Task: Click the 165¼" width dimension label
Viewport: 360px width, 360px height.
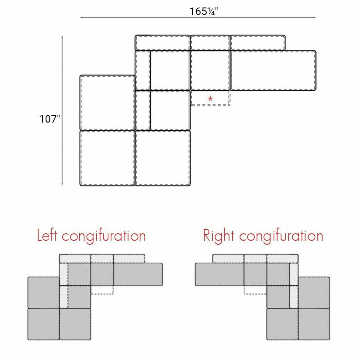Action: tap(204, 11)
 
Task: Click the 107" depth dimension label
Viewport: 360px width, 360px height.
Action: tap(50, 119)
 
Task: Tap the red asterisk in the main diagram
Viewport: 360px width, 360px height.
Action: tap(210, 99)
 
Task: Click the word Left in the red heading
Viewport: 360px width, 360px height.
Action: tap(47, 235)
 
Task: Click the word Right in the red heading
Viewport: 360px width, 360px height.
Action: tap(219, 236)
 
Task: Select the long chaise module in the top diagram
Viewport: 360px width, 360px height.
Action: tap(273, 70)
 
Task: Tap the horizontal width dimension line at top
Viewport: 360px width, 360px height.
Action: tap(198, 17)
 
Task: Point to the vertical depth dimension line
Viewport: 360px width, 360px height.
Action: tap(62, 110)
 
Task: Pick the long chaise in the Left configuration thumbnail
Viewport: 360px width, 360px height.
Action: tap(138, 274)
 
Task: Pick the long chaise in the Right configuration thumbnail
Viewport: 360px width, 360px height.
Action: tap(219, 274)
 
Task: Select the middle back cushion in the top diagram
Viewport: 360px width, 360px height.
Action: tap(210, 43)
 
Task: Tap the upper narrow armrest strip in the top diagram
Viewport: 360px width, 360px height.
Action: tap(143, 70)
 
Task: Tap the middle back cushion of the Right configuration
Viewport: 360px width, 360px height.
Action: tap(255, 259)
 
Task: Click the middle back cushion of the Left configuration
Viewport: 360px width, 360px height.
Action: tap(102, 259)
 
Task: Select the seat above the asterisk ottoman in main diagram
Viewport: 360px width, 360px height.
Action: tap(210, 70)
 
